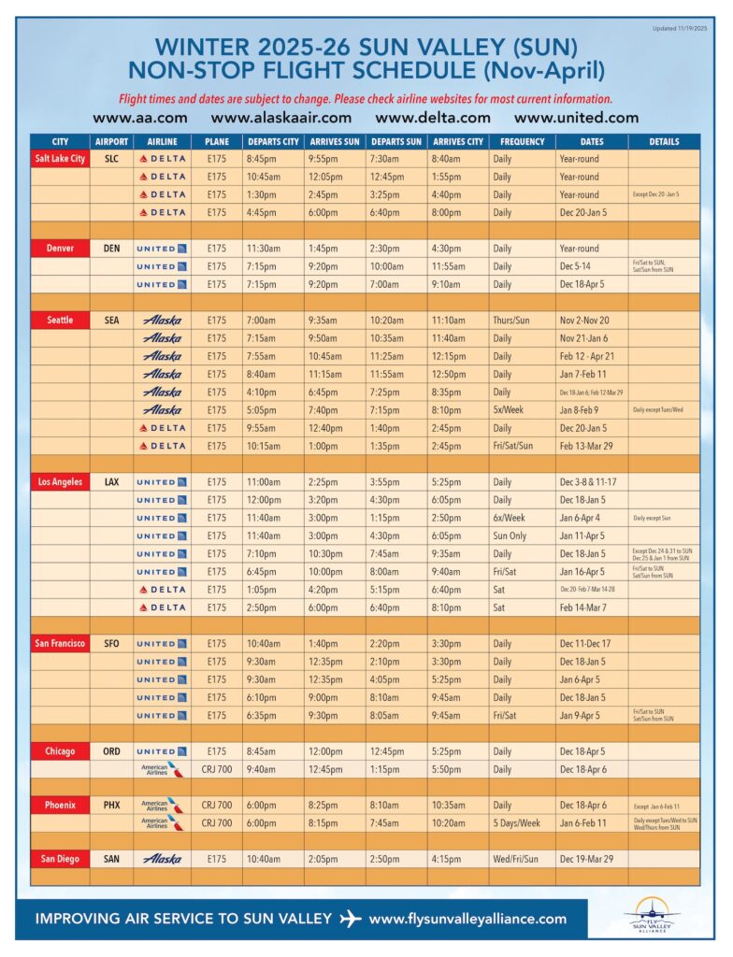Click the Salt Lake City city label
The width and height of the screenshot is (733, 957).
coord(60,159)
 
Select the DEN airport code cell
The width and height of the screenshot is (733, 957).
coord(111,249)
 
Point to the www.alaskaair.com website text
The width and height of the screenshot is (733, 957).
coord(280,118)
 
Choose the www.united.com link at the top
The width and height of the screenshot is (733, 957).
coord(576,118)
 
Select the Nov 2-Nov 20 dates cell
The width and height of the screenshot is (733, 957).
coord(586,321)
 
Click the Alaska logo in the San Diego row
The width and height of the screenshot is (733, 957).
coord(162,859)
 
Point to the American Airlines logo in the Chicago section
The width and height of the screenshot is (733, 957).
coord(155,769)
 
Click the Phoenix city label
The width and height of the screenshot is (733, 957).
coord(60,806)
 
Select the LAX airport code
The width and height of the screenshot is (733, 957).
coord(111,482)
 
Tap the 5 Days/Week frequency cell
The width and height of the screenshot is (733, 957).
coord(520,823)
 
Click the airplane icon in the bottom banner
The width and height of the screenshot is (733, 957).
coord(351,919)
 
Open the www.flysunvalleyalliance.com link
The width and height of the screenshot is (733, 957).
coord(467,919)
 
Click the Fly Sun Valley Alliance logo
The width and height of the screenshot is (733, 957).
coord(654,915)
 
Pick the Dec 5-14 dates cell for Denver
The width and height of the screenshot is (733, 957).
coord(577,266)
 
